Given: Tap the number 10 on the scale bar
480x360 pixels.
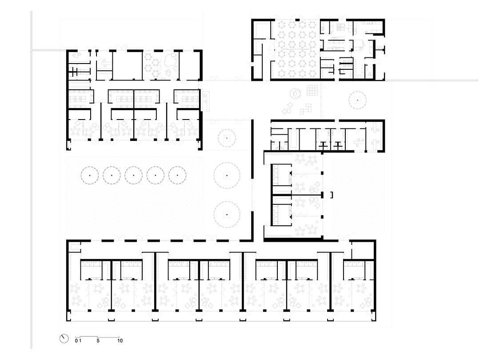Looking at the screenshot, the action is click(x=120, y=341).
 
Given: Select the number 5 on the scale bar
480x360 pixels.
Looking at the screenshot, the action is click(x=98, y=341).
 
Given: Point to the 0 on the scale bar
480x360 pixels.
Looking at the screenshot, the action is click(x=76, y=341).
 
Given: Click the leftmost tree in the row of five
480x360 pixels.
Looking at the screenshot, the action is click(x=90, y=175).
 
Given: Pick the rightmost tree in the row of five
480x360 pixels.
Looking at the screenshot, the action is click(x=177, y=175).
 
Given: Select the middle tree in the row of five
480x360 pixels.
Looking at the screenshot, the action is click(x=133, y=175).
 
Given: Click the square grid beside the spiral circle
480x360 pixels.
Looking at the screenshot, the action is click(x=312, y=91).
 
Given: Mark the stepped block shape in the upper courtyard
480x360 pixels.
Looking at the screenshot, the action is click(x=306, y=109).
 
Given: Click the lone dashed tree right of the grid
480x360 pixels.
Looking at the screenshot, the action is click(x=357, y=100).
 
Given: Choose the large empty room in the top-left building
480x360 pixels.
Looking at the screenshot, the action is click(x=128, y=65).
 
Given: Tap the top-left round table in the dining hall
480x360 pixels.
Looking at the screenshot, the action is click(x=282, y=24).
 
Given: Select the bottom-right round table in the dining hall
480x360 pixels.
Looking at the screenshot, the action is click(x=312, y=73).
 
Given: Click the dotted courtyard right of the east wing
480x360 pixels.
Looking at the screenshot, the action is click(x=359, y=196).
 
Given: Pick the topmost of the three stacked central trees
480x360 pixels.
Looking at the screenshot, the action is click(x=227, y=138).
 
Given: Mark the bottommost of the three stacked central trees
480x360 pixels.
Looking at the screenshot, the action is click(x=227, y=214).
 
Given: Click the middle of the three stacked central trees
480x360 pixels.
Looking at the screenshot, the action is click(x=227, y=176).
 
